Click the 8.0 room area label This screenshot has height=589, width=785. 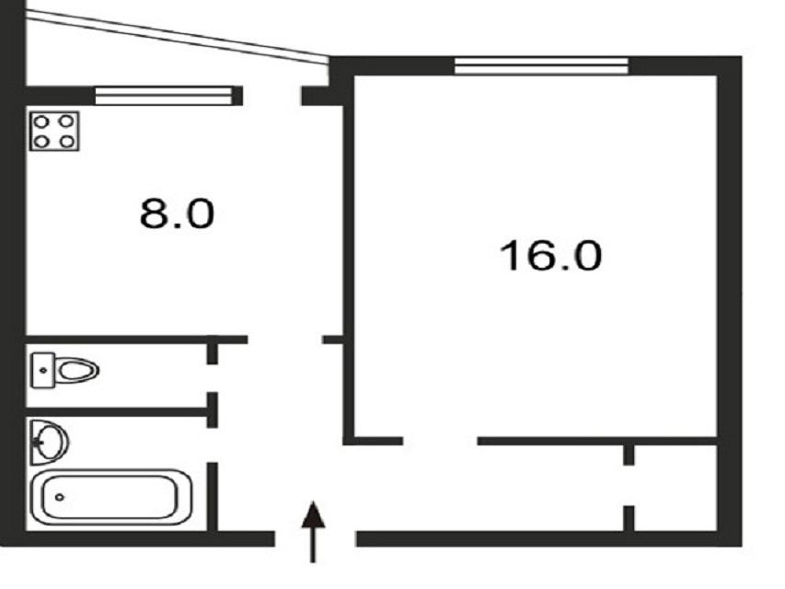[x=178, y=214]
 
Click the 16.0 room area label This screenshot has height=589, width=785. [x=550, y=256]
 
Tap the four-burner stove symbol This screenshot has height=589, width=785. [x=54, y=132]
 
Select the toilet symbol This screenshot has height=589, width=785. [x=65, y=370]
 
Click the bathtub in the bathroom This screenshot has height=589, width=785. [x=111, y=497]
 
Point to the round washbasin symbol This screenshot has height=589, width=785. [x=49, y=443]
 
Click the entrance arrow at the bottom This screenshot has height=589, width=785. [x=314, y=532]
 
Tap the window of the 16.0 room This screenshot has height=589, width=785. [x=541, y=66]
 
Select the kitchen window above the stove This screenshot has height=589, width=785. [x=164, y=96]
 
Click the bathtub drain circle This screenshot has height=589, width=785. [x=60, y=497]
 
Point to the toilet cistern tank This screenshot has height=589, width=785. [x=42, y=370]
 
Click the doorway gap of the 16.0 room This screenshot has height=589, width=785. [x=440, y=441]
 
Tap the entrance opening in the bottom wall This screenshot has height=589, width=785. [x=316, y=539]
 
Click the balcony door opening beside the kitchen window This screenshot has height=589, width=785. [x=271, y=96]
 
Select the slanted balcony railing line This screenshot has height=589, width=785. [x=177, y=37]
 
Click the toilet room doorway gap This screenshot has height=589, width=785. [x=213, y=378]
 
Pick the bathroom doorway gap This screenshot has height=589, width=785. [x=213, y=445]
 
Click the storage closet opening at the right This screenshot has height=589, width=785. [x=629, y=486]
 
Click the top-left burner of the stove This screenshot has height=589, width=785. [x=41, y=121]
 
